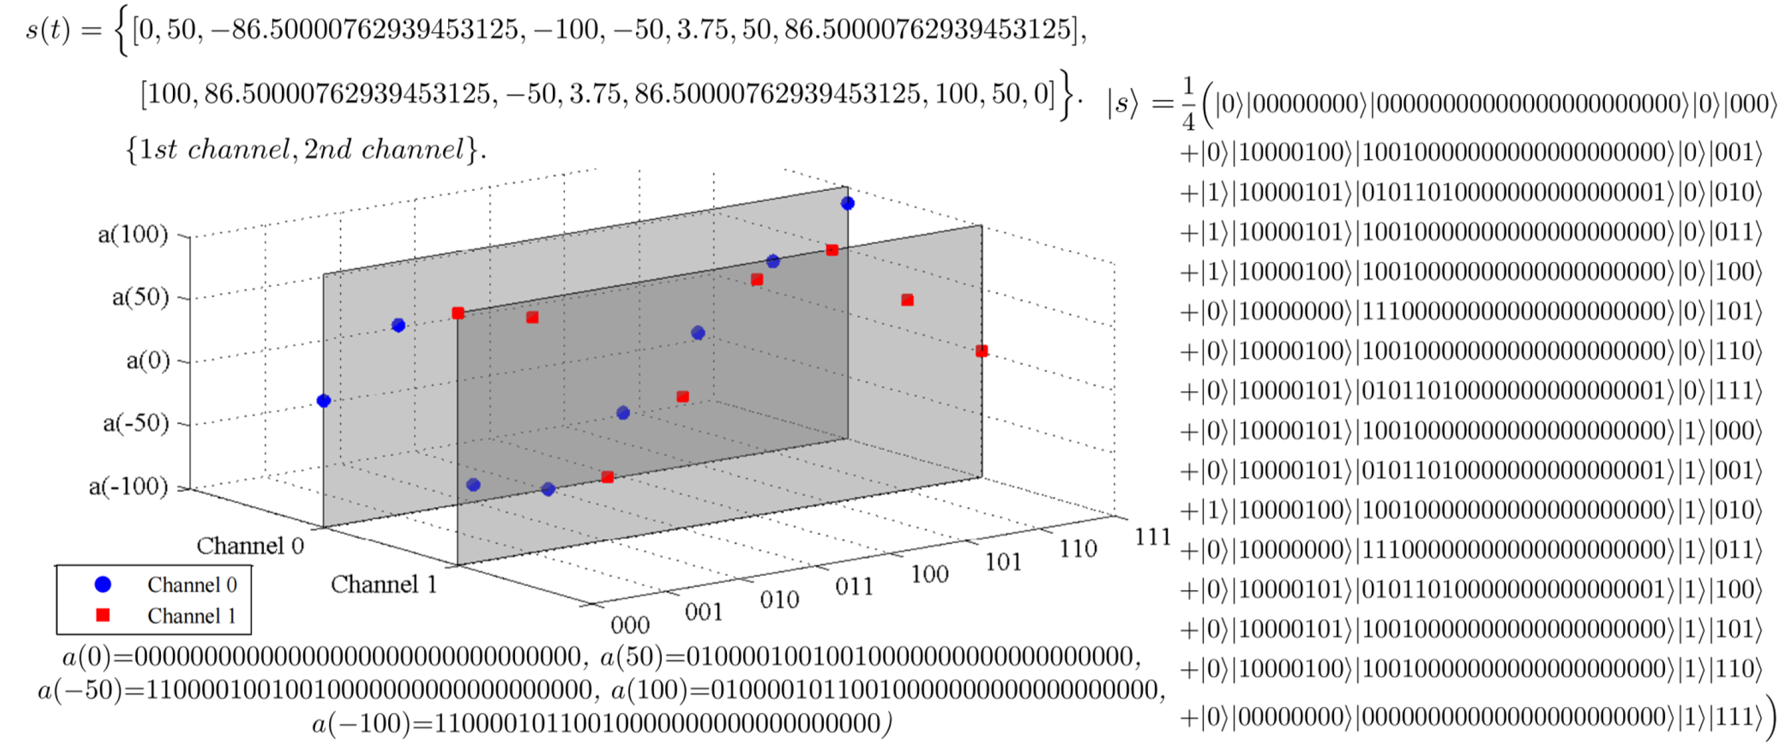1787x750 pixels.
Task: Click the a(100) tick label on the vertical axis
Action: tap(132, 234)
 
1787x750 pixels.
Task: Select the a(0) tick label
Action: tap(148, 360)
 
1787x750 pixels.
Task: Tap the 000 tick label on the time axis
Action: tap(630, 624)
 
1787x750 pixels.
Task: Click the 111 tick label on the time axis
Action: tap(1152, 536)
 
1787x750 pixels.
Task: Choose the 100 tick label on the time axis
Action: tap(929, 574)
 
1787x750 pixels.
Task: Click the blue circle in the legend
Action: tap(103, 584)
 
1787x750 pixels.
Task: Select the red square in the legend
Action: tap(103, 615)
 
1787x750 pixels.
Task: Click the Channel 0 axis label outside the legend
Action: tap(249, 545)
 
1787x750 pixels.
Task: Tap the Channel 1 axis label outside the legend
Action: tap(383, 584)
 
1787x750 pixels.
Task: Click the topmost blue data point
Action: tap(847, 203)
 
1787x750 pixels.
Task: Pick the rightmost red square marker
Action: tap(981, 351)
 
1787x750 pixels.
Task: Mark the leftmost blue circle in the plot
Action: tap(323, 400)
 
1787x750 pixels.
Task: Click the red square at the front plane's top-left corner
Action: tap(458, 313)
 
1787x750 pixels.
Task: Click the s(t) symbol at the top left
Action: tap(48, 31)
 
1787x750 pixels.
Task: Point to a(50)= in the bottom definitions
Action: tap(642, 656)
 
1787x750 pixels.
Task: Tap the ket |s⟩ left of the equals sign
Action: tap(1122, 104)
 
